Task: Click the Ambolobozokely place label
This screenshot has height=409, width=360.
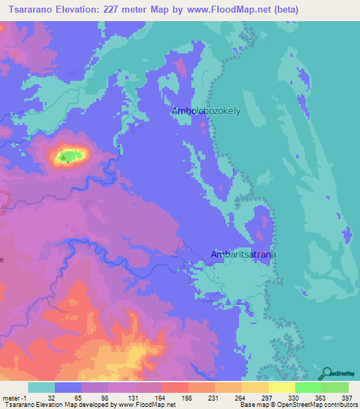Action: [x=202, y=110]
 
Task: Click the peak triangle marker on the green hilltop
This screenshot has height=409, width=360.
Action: [x=65, y=157]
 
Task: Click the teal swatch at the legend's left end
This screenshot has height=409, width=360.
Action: [x=41, y=387]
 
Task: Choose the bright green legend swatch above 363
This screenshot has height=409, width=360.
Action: [x=309, y=387]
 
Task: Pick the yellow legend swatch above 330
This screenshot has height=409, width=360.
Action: [x=282, y=387]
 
